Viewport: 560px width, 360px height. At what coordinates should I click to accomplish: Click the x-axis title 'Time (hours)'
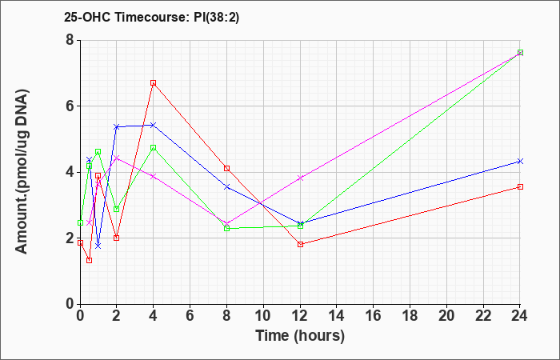(x=300, y=335)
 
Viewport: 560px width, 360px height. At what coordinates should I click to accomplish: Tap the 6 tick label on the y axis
(x=69, y=106)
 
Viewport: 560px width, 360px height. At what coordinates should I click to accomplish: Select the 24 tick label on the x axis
(x=520, y=316)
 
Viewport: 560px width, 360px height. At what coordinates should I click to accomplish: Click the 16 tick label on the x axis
(x=374, y=316)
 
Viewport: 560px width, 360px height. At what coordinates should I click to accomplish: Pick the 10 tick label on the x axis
(x=263, y=316)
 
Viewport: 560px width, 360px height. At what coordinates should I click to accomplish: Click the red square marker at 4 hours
(x=153, y=82)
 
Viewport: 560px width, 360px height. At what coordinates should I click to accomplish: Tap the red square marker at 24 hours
(x=520, y=186)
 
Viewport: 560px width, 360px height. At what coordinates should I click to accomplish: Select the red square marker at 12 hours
(x=300, y=244)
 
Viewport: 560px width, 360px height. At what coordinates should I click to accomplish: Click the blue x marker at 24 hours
(x=520, y=161)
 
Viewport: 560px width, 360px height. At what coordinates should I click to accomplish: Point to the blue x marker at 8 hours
(x=227, y=186)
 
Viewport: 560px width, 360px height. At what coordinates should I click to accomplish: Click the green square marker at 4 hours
(x=153, y=147)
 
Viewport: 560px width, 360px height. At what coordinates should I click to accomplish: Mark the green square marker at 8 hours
(x=227, y=229)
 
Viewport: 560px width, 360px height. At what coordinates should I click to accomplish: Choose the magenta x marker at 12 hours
(x=300, y=178)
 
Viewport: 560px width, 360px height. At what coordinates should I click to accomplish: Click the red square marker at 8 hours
(x=227, y=168)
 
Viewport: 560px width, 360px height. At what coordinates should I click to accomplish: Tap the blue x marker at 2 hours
(x=117, y=126)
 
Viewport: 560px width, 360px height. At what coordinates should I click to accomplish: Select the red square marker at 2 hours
(x=117, y=238)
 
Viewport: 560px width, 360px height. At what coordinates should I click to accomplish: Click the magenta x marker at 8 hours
(x=227, y=223)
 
